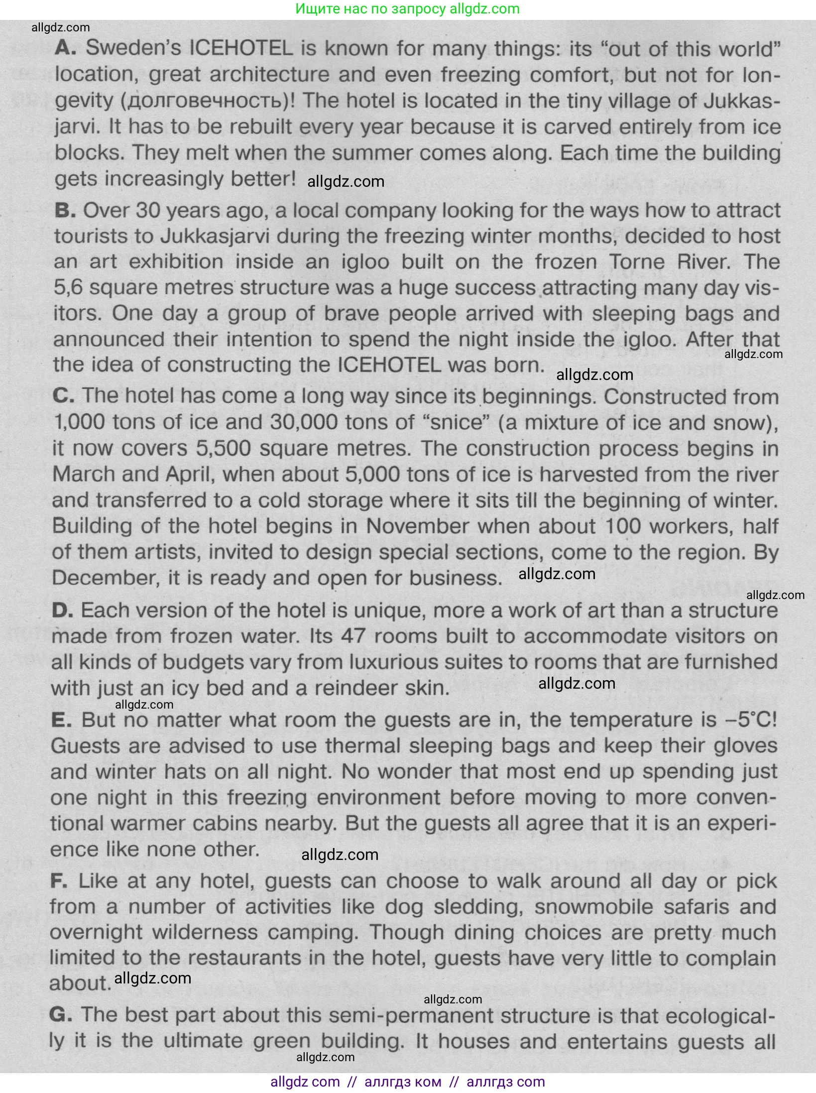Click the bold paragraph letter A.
pyautogui.click(x=66, y=48)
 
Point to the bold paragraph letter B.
pyautogui.click(x=65, y=211)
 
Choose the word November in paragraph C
pyautogui.click(x=418, y=526)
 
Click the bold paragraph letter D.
pyautogui.click(x=62, y=610)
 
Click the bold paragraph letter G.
pyautogui.click(x=61, y=1015)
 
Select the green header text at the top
pyautogui.click(x=408, y=9)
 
